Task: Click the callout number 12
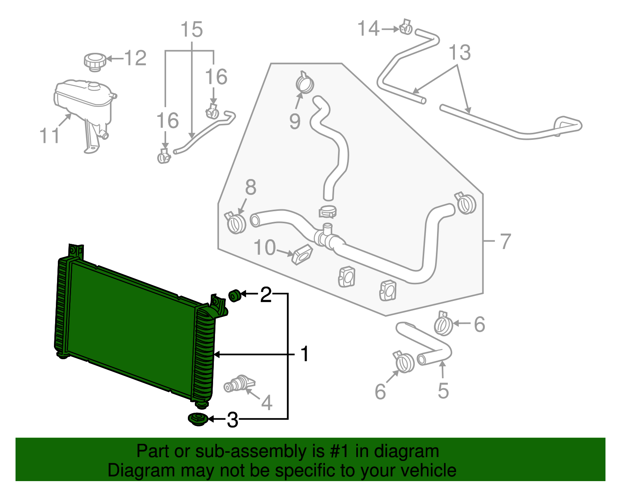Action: (135, 58)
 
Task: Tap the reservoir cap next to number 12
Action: (95, 62)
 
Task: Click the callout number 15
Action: (192, 30)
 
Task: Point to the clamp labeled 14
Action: (406, 28)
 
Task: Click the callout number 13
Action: (460, 52)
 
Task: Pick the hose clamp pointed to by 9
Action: (305, 83)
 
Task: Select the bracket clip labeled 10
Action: (302, 254)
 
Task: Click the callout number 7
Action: (505, 241)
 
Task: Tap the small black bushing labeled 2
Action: (234, 296)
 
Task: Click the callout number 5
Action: (443, 391)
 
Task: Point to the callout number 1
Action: (305, 354)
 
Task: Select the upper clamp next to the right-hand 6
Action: (443, 325)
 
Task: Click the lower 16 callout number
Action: (167, 121)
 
